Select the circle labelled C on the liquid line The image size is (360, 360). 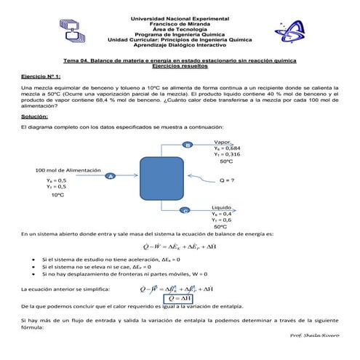185,209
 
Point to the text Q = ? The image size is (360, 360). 227,179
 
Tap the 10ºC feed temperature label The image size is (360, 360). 57,196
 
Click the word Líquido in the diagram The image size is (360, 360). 222,206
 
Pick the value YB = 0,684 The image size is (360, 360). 226,148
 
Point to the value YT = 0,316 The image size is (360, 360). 226,154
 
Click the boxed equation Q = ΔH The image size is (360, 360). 179,298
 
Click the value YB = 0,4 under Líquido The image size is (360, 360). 222,213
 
